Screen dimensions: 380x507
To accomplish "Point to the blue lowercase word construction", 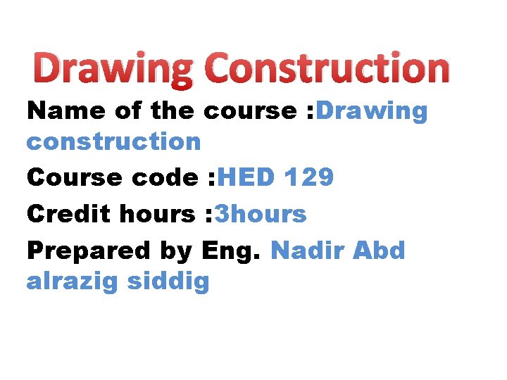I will tap(114, 141).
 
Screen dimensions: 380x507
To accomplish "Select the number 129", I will tap(309, 178).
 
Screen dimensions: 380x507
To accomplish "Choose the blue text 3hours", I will tap(261, 214).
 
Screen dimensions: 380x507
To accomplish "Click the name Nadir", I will tap(308, 251).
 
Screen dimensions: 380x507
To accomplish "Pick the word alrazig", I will tap(72, 282).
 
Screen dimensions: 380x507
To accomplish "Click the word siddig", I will tap(169, 282).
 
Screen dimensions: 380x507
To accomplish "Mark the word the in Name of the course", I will tap(173, 110).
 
